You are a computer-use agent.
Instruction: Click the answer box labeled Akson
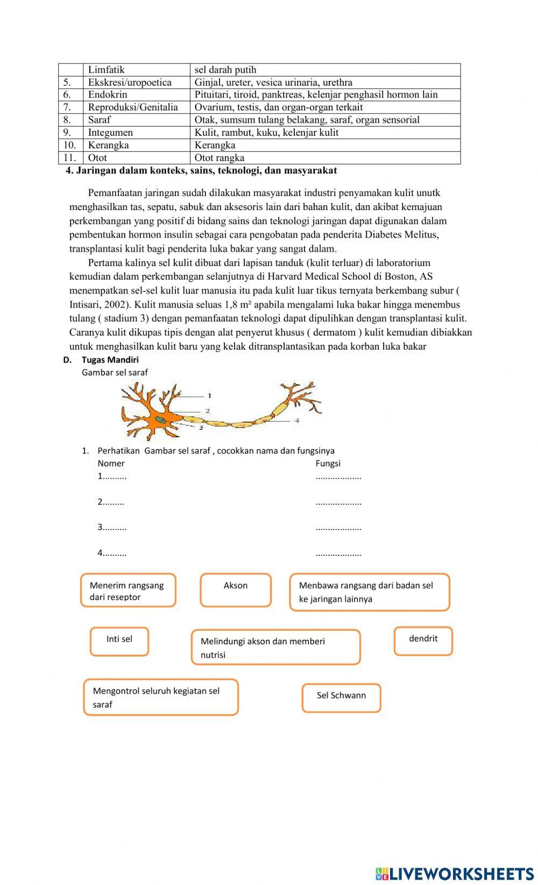[236, 590]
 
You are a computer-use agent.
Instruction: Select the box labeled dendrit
[423, 640]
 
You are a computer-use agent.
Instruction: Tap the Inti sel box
[119, 641]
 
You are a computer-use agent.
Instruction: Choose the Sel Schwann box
[341, 698]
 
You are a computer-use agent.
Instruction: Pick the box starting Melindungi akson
[275, 647]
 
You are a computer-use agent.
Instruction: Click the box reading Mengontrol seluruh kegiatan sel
[160, 697]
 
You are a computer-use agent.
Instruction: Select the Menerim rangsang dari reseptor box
[128, 590]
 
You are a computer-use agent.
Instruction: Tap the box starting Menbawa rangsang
[369, 592]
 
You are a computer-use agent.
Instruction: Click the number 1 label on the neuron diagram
[209, 396]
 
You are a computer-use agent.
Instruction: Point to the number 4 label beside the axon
[296, 420]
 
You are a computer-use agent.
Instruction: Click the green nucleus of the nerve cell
[160, 420]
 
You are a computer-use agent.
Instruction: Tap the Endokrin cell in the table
[108, 95]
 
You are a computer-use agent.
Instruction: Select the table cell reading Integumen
[110, 133]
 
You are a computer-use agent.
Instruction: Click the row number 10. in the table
[70, 145]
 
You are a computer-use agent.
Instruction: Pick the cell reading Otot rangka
[220, 158]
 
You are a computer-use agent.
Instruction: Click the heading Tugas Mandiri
[110, 360]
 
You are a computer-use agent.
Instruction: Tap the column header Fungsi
[328, 463]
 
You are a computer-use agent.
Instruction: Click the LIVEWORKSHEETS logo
[454, 873]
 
